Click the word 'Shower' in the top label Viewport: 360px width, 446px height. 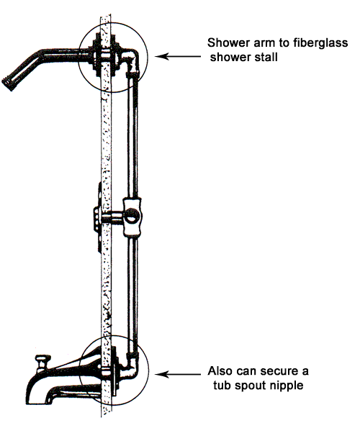tap(225, 42)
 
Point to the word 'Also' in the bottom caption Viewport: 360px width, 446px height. tap(220, 371)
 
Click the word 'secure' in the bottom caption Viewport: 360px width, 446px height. tap(279, 371)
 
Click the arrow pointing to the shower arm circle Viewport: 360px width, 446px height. tap(178, 56)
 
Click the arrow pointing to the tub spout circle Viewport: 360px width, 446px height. tap(178, 374)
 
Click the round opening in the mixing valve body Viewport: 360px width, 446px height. tap(132, 215)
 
